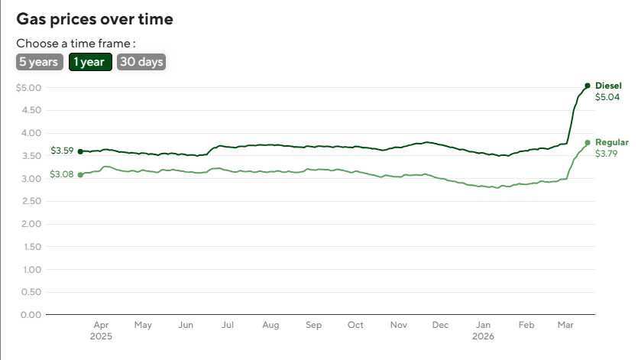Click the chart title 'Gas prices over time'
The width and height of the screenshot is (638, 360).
coord(95,19)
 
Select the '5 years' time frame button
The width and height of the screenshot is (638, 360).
coord(39,62)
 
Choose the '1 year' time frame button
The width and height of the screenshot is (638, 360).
coord(91,62)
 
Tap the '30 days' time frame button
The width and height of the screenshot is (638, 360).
coord(141,62)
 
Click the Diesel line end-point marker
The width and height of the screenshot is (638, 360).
coord(587,86)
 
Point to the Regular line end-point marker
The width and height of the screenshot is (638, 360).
coord(587,142)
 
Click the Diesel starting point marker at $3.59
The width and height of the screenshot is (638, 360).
coord(80,151)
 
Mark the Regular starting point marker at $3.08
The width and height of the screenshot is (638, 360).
coord(80,175)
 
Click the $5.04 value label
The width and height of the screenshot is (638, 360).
coord(607,97)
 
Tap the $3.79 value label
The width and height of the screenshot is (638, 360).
coord(607,154)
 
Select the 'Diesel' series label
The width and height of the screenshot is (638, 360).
coord(608,85)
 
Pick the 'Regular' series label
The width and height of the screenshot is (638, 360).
coord(612,142)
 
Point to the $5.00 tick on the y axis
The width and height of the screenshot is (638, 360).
coord(28,88)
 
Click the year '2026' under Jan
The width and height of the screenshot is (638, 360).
coord(484,336)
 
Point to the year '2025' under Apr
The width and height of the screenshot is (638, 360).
coord(101,336)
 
